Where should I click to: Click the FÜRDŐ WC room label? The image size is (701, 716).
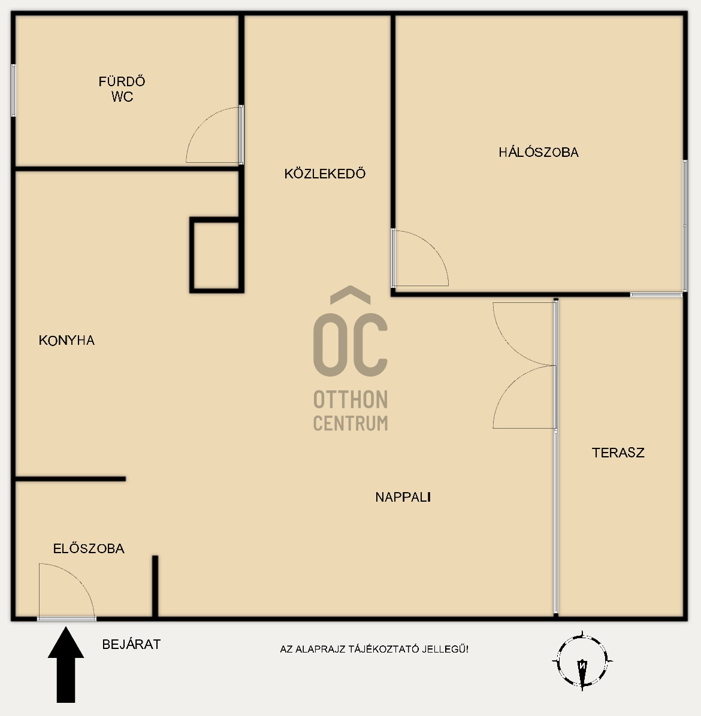(122, 89)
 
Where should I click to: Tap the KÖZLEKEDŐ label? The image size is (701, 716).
(325, 174)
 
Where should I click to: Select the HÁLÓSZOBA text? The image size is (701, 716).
(538, 152)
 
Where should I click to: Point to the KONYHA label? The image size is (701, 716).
(67, 340)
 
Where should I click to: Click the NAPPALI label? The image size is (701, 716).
(403, 497)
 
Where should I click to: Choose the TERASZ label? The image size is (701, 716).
(618, 453)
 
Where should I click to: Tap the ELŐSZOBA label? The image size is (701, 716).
(89, 548)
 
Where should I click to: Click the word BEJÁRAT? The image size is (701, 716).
(131, 644)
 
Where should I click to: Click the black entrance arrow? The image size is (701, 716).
(66, 665)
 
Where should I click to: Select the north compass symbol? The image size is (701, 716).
(582, 661)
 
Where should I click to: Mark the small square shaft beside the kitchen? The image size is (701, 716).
(217, 255)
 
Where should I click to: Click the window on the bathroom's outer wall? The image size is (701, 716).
(13, 90)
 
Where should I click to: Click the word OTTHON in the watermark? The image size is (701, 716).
(350, 399)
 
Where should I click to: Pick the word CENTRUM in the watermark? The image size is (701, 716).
(350, 423)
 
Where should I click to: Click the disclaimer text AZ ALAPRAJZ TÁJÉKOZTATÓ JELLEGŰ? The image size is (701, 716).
(374, 649)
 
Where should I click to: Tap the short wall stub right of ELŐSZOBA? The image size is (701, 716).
(155, 586)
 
